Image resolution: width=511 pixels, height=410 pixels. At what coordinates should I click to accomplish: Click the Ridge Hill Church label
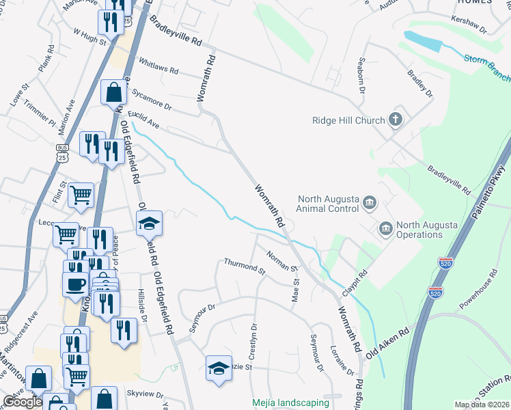[x=348, y=121]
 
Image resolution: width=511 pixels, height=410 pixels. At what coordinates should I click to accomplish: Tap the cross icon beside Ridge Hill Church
[x=395, y=120]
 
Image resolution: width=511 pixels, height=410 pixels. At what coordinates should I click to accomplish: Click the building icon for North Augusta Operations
[x=385, y=227]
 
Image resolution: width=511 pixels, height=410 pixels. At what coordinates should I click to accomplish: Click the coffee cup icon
[x=75, y=284]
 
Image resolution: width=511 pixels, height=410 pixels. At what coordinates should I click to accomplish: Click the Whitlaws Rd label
[x=158, y=70]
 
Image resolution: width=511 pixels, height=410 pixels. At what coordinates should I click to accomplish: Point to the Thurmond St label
[x=245, y=266]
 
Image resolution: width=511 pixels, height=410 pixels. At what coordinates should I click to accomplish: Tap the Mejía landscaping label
[x=290, y=403]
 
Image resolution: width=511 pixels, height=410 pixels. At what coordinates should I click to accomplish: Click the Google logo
[x=23, y=402]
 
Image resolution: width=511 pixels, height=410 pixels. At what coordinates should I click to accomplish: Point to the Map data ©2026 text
[x=481, y=405]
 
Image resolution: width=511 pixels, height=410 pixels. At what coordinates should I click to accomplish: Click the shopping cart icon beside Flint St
[x=81, y=195]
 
